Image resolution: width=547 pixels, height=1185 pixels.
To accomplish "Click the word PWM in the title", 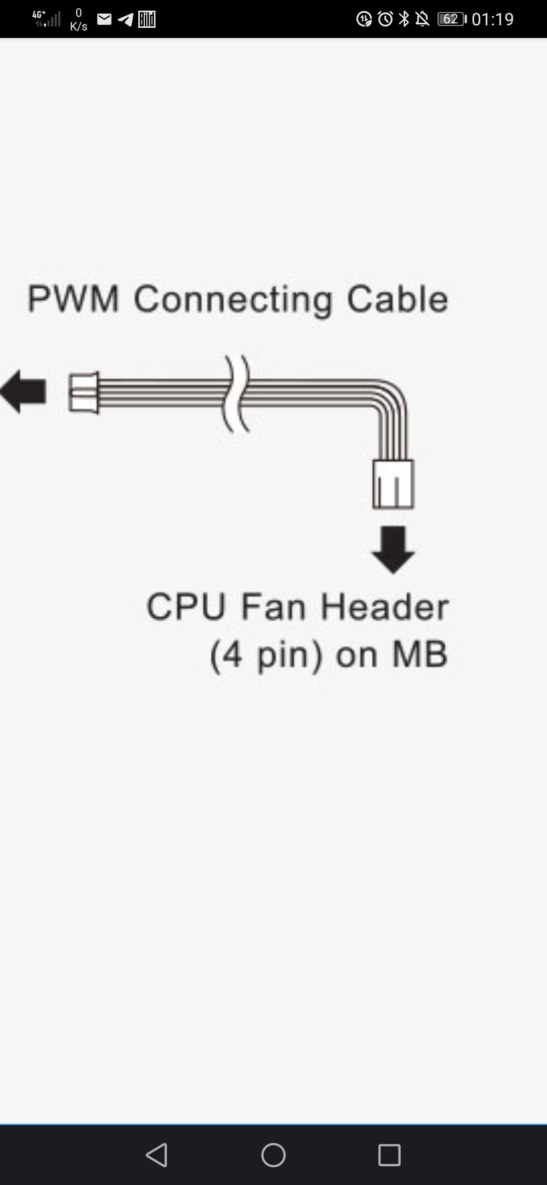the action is (x=73, y=299).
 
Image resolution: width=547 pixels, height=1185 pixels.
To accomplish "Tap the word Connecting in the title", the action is (x=233, y=300).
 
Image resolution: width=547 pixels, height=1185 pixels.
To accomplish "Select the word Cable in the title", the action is (x=398, y=299).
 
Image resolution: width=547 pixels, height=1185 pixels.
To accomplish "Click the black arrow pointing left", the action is (x=23, y=391).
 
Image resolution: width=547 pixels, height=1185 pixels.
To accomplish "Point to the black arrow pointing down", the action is (x=393, y=549).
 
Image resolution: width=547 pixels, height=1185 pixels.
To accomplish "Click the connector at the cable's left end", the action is (x=84, y=392).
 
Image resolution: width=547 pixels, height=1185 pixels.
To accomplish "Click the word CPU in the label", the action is (x=185, y=607).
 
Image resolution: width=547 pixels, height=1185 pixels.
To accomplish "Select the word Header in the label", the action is (x=385, y=607).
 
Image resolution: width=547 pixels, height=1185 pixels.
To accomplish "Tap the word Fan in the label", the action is (x=273, y=607).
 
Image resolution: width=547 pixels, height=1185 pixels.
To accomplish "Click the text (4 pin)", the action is (x=266, y=655).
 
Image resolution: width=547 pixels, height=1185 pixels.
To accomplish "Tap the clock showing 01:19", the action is (x=492, y=19).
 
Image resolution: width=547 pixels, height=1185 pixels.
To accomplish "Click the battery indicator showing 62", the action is (x=451, y=19).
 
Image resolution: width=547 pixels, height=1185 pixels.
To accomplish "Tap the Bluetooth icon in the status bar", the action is (x=404, y=19).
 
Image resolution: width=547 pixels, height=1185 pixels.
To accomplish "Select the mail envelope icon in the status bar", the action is (x=104, y=19).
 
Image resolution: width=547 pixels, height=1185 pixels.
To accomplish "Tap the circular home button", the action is (x=273, y=1155).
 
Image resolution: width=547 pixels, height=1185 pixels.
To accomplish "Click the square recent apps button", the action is (x=389, y=1155).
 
